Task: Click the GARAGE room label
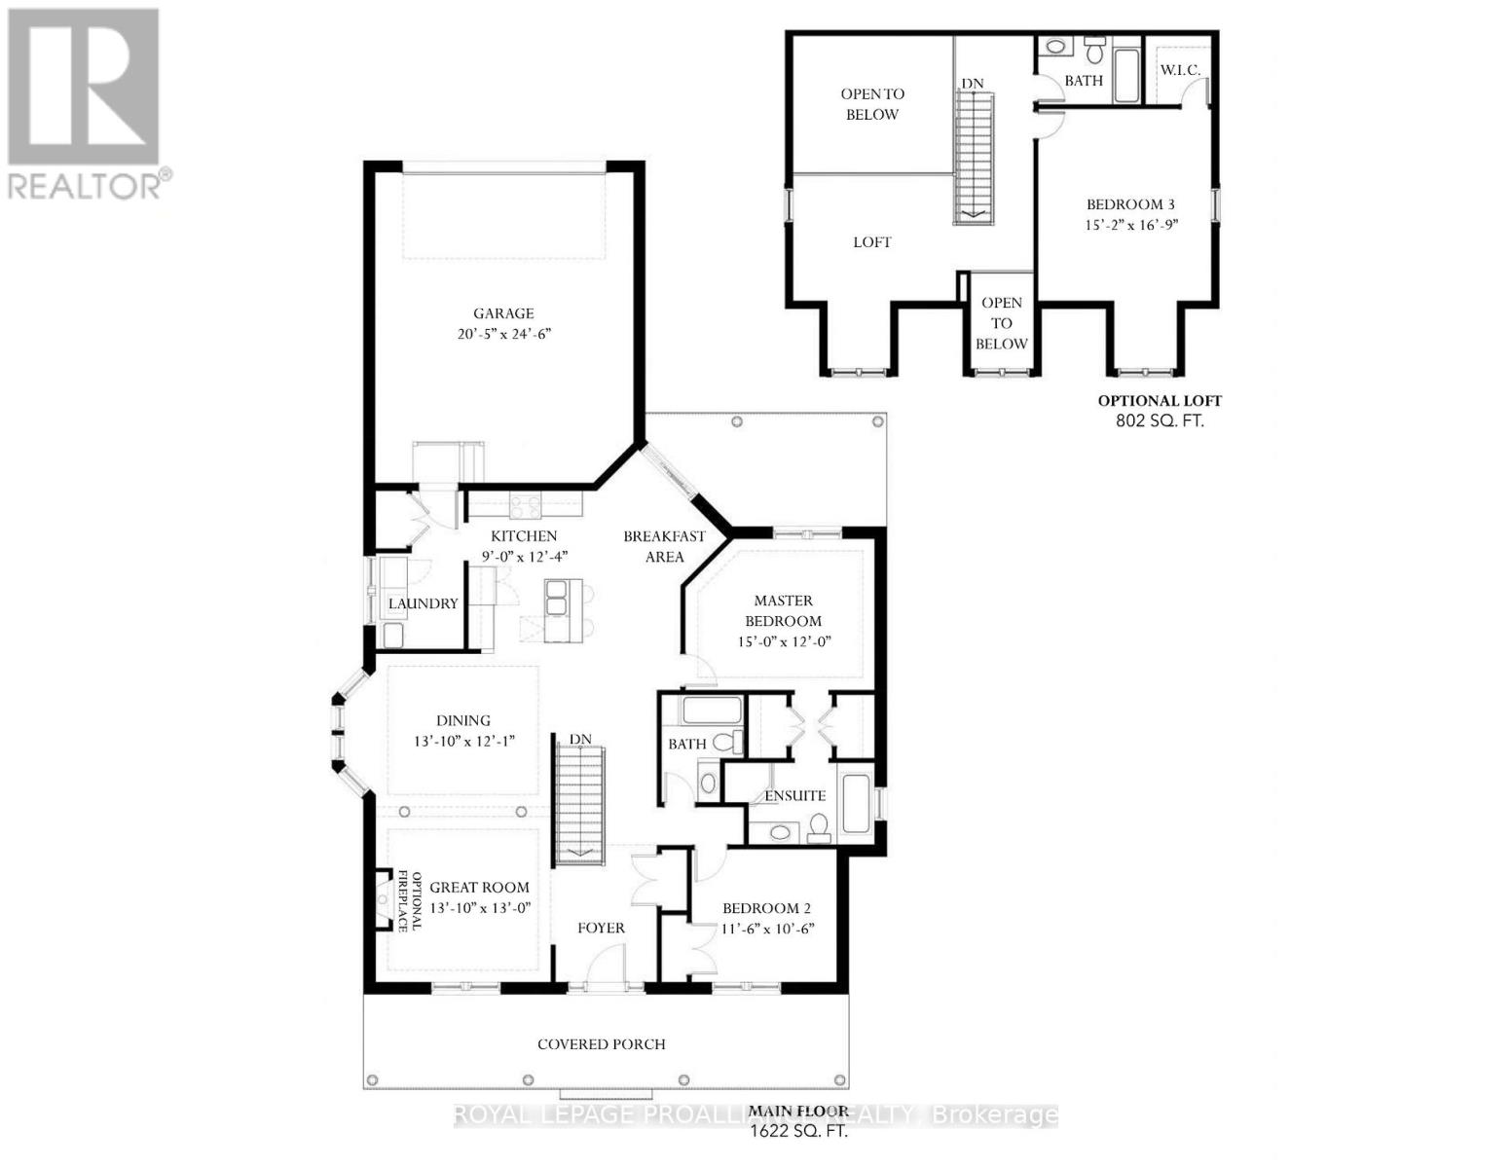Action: [503, 313]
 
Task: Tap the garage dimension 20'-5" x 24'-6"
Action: [503, 334]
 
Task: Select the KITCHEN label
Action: [524, 536]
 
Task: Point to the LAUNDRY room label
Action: [423, 603]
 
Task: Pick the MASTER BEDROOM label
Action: [783, 611]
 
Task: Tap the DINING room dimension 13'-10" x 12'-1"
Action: [463, 742]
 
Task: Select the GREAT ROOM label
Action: [479, 888]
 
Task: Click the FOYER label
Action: [601, 929]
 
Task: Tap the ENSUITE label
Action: [794, 796]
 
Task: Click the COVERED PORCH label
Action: [602, 1044]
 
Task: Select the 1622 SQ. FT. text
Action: [797, 1133]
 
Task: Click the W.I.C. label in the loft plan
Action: [1179, 70]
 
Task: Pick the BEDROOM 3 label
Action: [1130, 204]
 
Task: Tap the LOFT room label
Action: [871, 242]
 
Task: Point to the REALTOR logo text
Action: [86, 185]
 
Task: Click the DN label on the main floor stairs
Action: [580, 740]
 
